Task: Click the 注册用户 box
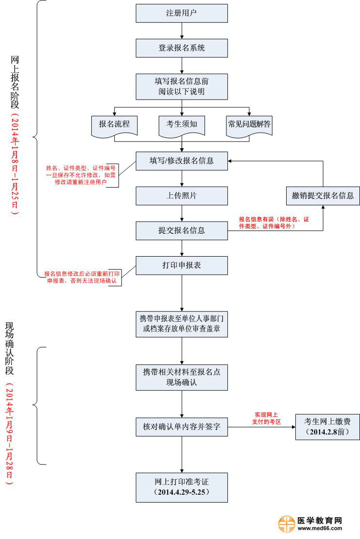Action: [x=182, y=13]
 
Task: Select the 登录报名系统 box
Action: [x=182, y=48]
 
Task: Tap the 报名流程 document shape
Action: [x=115, y=125]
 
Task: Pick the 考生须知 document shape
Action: [x=182, y=125]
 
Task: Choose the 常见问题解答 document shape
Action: [x=249, y=125]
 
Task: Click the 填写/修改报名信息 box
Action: [x=182, y=160]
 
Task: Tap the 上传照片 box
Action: [x=182, y=195]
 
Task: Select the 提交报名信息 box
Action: [x=182, y=230]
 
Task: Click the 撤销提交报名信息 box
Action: [x=323, y=196]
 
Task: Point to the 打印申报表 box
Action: [x=182, y=265]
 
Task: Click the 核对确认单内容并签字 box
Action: [x=182, y=427]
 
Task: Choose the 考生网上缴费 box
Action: [x=327, y=427]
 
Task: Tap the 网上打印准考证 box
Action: [x=182, y=487]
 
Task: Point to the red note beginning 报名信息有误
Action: [x=274, y=222]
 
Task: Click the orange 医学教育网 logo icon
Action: [x=287, y=524]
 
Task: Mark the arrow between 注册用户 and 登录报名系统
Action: [x=182, y=31]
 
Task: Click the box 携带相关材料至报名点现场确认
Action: [x=182, y=377]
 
